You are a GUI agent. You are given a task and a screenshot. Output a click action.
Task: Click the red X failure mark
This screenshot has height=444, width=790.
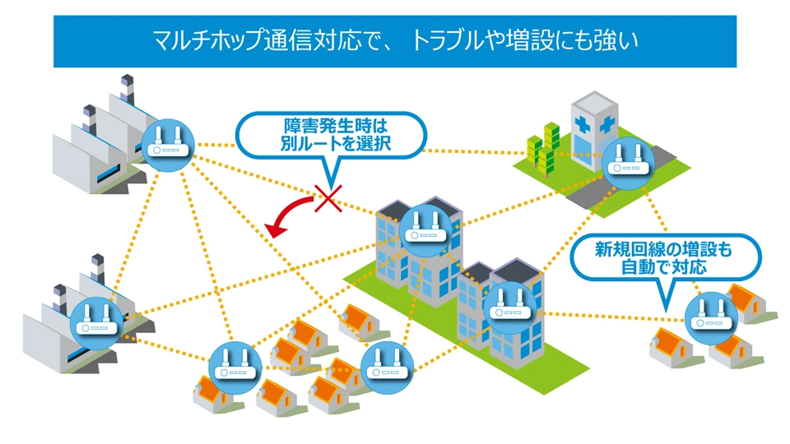328,198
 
